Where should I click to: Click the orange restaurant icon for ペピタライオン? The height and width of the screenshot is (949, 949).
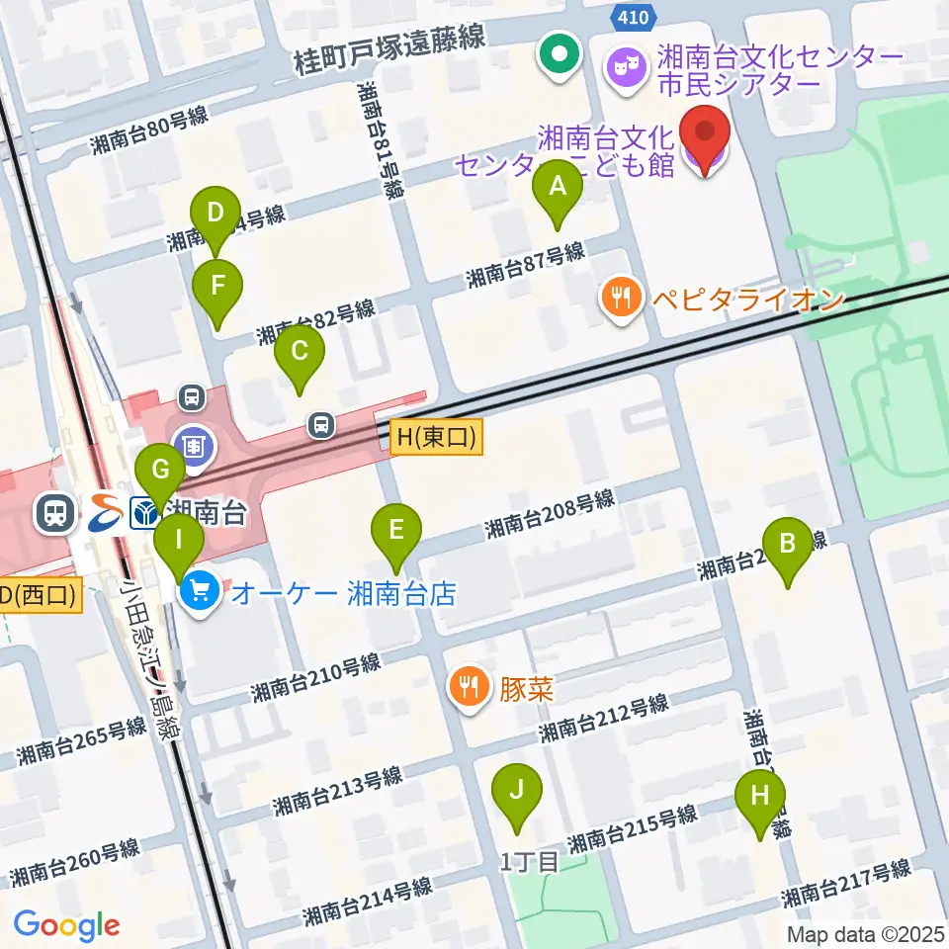pyautogui.click(x=620, y=298)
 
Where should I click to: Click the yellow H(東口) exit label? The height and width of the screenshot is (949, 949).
pyautogui.click(x=436, y=436)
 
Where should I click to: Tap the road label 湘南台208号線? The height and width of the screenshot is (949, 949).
pyautogui.click(x=550, y=514)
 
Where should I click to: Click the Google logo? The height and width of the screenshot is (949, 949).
pyautogui.click(x=66, y=925)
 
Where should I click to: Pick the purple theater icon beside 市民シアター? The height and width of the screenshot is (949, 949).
pyautogui.click(x=627, y=67)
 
